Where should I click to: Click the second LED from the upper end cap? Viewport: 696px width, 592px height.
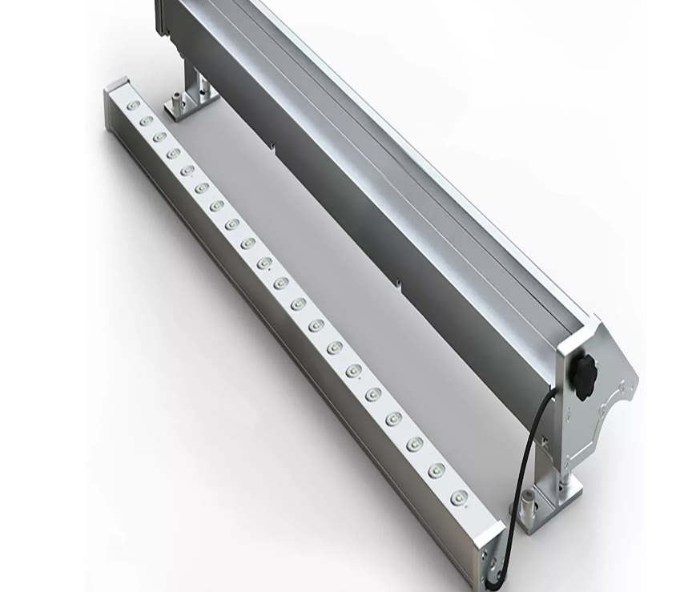click(x=146, y=121)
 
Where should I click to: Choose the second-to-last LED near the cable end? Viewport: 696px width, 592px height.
click(x=436, y=471)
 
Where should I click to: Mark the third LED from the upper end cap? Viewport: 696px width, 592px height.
click(x=159, y=137)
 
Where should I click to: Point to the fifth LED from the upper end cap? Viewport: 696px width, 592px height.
click(x=187, y=170)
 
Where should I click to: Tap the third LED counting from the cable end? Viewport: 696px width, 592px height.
click(x=414, y=445)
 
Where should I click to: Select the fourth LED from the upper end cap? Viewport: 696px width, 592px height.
click(x=173, y=153)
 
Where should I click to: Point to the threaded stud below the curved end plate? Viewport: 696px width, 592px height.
click(x=569, y=480)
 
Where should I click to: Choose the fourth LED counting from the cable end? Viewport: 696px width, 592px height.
click(x=393, y=419)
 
